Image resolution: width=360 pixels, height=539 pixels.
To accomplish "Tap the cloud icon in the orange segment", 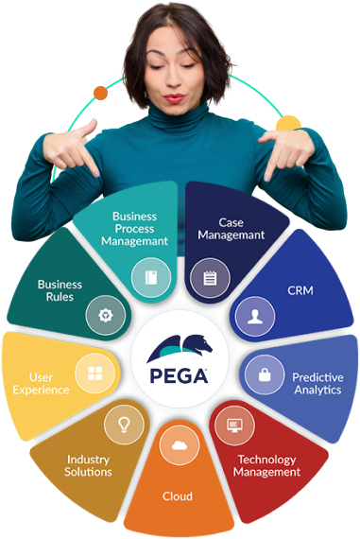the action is coord(177,444).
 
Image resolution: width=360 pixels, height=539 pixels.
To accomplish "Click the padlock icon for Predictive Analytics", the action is coord(265,374).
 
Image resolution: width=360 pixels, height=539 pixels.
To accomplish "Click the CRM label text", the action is coord(301,290).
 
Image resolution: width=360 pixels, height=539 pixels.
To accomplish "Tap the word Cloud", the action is coord(177,496).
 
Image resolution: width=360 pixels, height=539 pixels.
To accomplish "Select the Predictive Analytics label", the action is coord(317,384).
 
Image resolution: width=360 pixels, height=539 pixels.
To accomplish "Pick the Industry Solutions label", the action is coord(89,465).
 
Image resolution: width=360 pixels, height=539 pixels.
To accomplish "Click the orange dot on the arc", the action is coord(100,93).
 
